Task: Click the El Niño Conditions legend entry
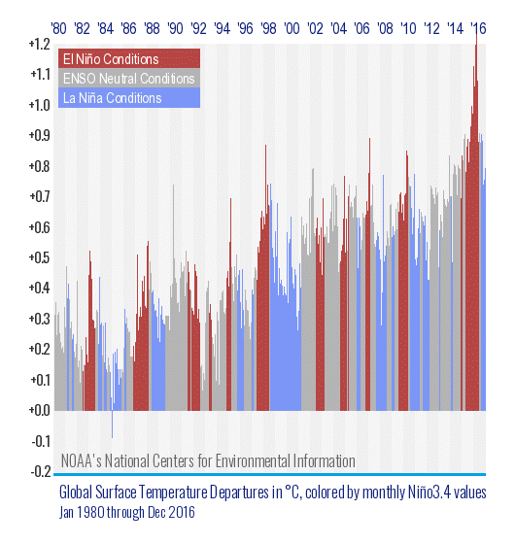pyautogui.click(x=129, y=58)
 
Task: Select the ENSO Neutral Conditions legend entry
pyautogui.click(x=129, y=78)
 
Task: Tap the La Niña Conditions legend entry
pyautogui.click(x=129, y=98)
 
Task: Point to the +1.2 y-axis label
pyautogui.click(x=40, y=44)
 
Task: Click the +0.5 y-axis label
pyautogui.click(x=40, y=257)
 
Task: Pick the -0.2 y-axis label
pyautogui.click(x=41, y=471)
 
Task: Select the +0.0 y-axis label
pyautogui.click(x=40, y=410)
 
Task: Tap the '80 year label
pyautogui.click(x=58, y=28)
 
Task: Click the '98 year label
pyautogui.click(x=268, y=28)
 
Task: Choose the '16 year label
pyautogui.click(x=478, y=28)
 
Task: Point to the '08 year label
pyautogui.click(x=385, y=28)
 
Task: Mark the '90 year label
pyautogui.click(x=175, y=28)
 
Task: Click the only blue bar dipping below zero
pyautogui.click(x=112, y=425)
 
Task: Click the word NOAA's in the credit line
pyautogui.click(x=82, y=461)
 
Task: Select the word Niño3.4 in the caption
pyautogui.click(x=435, y=493)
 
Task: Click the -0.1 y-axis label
pyautogui.click(x=41, y=441)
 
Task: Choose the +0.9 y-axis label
pyautogui.click(x=40, y=135)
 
